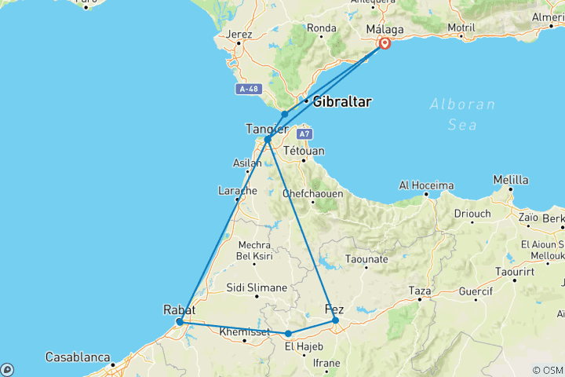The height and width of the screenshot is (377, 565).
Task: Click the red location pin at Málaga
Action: pyautogui.click(x=385, y=43)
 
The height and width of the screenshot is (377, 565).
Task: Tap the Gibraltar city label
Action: pyautogui.click(x=341, y=102)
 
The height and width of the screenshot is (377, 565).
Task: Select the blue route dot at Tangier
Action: pyautogui.click(x=268, y=139)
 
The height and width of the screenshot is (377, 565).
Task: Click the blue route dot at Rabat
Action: pyautogui.click(x=180, y=321)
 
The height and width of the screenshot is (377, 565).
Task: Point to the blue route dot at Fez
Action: pyautogui.click(x=335, y=320)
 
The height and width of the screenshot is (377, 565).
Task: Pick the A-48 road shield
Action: pyautogui.click(x=248, y=89)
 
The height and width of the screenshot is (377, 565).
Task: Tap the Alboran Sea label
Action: pyautogui.click(x=462, y=114)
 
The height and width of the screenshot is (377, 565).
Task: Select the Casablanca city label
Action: pyautogui.click(x=78, y=357)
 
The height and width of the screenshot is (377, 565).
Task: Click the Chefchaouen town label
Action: pyautogui.click(x=312, y=192)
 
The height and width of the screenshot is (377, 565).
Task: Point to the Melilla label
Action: pyautogui.click(x=510, y=181)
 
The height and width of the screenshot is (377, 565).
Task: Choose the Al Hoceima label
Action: pyautogui.click(x=426, y=185)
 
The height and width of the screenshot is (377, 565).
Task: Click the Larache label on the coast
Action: pyautogui.click(x=236, y=190)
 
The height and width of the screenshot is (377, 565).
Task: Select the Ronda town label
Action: pyautogui.click(x=322, y=28)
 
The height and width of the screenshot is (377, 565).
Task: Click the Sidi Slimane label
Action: pyautogui.click(x=257, y=288)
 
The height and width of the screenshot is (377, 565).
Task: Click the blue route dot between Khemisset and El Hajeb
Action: pyautogui.click(x=288, y=334)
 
